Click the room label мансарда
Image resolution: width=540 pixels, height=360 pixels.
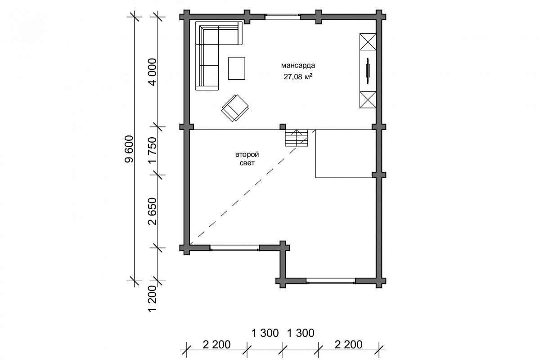[x=298, y=66]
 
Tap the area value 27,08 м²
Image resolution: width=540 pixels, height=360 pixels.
[x=298, y=76]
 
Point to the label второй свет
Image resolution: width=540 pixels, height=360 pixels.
[x=247, y=159]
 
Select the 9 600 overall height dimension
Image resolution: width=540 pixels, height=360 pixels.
[x=130, y=149]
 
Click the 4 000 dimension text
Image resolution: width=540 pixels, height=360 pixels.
[x=153, y=72]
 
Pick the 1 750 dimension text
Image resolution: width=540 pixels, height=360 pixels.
[x=153, y=151]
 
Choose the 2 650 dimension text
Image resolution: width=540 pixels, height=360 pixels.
[x=153, y=211]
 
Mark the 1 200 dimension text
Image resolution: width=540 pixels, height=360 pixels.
[x=153, y=299]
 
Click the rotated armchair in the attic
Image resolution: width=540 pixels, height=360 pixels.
[x=235, y=108]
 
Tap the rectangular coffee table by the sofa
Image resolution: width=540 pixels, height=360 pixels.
[x=237, y=68]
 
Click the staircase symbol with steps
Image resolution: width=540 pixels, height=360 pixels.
[x=297, y=138]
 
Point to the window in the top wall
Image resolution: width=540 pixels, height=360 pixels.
[x=283, y=17]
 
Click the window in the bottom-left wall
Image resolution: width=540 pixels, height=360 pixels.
[x=234, y=248]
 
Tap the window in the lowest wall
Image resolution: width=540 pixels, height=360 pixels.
[x=331, y=281]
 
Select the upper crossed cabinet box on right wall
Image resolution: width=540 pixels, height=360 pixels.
[x=368, y=42]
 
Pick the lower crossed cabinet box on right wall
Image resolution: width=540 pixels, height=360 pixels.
[x=368, y=99]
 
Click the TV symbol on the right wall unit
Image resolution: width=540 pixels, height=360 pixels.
[x=368, y=71]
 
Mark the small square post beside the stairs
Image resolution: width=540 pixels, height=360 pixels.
[x=283, y=127]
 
